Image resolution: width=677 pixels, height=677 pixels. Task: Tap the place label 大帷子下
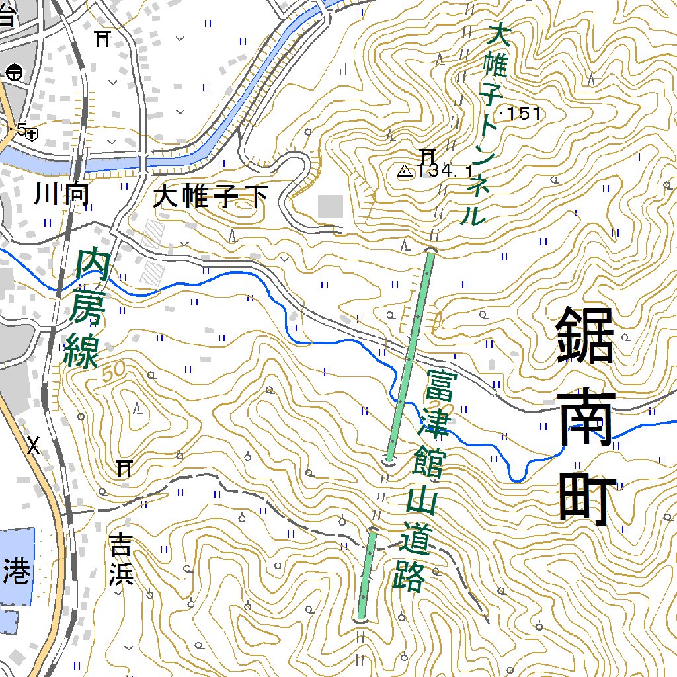point(212,196)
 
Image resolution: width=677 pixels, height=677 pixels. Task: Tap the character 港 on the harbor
point(16,570)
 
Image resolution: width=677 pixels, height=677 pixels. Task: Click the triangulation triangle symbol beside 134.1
point(404,171)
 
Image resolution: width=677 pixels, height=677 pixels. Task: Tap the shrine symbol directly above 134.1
point(427,156)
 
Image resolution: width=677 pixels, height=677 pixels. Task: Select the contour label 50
point(114,372)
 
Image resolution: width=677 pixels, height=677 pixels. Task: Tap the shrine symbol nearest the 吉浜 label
point(124,469)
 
